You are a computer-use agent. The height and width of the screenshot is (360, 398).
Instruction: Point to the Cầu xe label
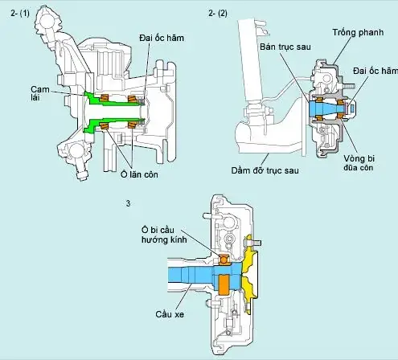point(170,317)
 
